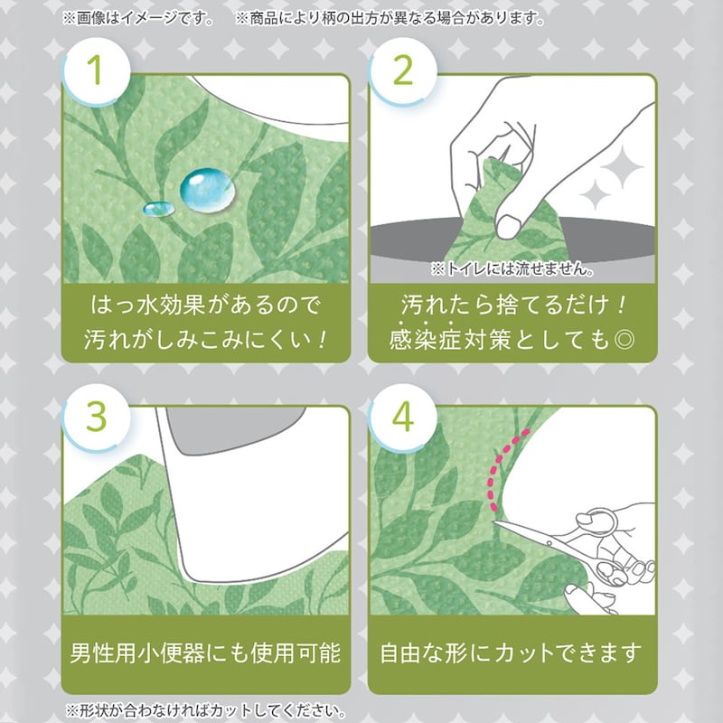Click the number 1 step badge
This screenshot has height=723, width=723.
coord(97,72)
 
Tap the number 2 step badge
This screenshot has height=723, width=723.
coord(403,72)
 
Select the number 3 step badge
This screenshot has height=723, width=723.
coord(97,418)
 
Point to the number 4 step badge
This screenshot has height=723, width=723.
coord(403,418)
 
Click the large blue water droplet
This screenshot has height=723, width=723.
coord(207,191)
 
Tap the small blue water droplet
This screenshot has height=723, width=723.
coord(159,209)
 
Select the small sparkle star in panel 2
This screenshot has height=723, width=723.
coord(596,194)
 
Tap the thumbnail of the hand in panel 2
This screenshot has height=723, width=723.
coord(508,227)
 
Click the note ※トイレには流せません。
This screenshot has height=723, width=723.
coord(512,268)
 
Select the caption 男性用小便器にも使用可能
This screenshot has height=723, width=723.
coord(206,653)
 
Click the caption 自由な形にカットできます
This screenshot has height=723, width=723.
coord(511,653)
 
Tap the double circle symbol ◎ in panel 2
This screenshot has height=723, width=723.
coord(624,341)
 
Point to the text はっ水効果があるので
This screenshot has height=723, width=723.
coord(205,305)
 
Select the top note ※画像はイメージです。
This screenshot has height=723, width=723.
coord(139,18)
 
